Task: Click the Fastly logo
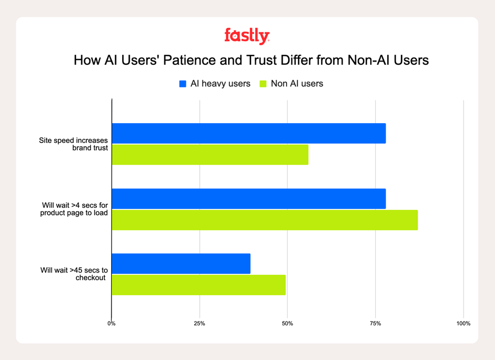pyautogui.click(x=247, y=36)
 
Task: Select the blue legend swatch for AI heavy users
pyautogui.click(x=183, y=84)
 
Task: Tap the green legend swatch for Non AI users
pyautogui.click(x=263, y=84)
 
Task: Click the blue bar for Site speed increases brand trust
pyautogui.click(x=249, y=134)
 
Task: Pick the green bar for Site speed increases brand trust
pyautogui.click(x=210, y=155)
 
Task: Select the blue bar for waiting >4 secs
pyautogui.click(x=249, y=198)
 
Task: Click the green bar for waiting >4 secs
pyautogui.click(x=265, y=220)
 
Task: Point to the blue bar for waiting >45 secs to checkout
pyautogui.click(x=181, y=263)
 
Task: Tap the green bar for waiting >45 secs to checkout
pyautogui.click(x=199, y=285)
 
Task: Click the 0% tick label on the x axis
pyautogui.click(x=112, y=324)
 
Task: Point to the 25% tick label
pyautogui.click(x=199, y=324)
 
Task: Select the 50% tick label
pyautogui.click(x=287, y=324)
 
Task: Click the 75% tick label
pyautogui.click(x=375, y=324)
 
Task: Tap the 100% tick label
pyautogui.click(x=463, y=324)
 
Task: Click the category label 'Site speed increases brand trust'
pyautogui.click(x=73, y=145)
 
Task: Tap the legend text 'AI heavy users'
pyautogui.click(x=220, y=84)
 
